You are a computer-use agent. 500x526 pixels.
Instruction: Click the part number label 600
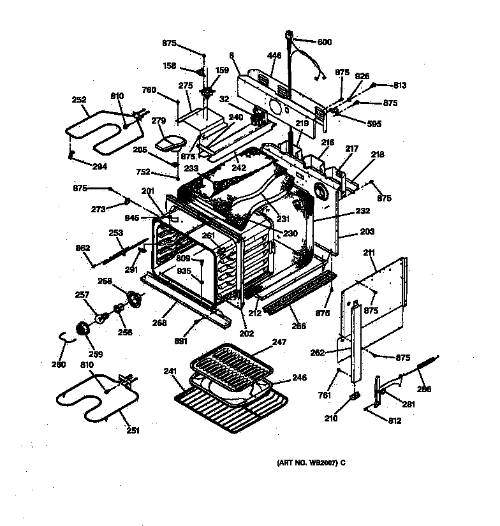tap(325, 42)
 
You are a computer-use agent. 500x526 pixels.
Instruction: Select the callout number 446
tap(274, 56)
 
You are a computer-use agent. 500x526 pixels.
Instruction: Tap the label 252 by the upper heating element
tap(79, 99)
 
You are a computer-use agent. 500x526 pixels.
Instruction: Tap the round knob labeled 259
tap(82, 328)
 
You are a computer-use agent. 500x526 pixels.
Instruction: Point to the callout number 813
tap(399, 85)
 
